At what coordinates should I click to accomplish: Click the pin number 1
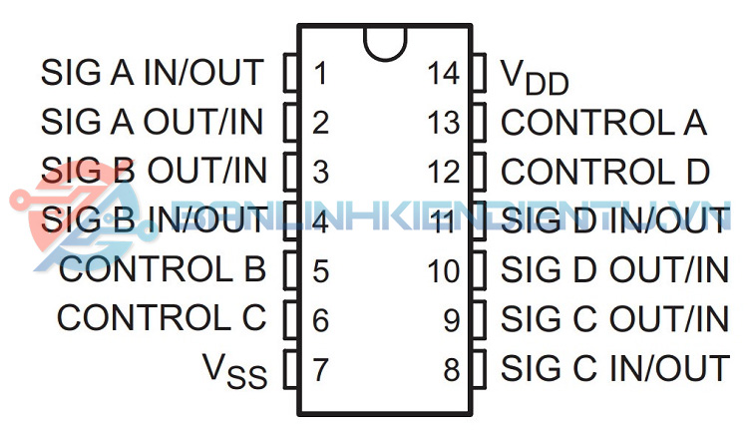tap(320, 73)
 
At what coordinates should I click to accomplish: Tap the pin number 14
tap(444, 73)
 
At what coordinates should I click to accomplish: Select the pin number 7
tap(320, 369)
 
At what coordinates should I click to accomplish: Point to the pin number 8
tap(452, 369)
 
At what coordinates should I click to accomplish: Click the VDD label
tap(534, 76)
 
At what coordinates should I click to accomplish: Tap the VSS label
tap(235, 371)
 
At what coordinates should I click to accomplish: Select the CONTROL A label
tap(603, 123)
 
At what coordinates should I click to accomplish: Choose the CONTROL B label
tap(163, 270)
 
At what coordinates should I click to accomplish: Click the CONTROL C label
tap(162, 319)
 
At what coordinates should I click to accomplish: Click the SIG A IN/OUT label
tap(153, 73)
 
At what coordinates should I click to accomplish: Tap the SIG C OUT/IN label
tap(614, 319)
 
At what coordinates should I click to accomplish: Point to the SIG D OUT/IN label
tap(614, 270)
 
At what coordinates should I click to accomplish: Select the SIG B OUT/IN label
tap(155, 172)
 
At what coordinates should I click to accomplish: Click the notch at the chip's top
tap(385, 40)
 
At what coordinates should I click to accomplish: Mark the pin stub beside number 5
tap(291, 270)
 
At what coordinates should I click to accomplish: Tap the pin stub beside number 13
tap(479, 123)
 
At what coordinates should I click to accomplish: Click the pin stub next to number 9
tap(479, 319)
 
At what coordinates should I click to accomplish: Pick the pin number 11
tap(444, 221)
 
